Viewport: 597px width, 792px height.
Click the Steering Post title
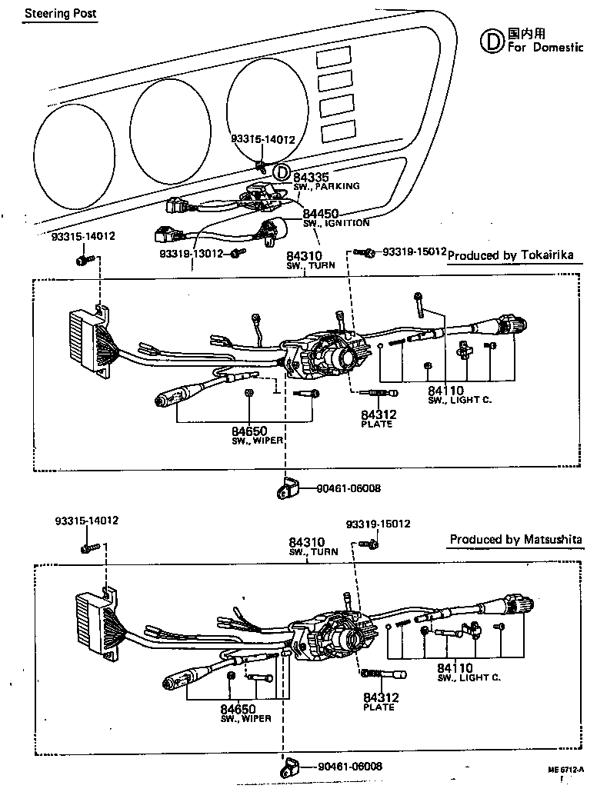click(60, 14)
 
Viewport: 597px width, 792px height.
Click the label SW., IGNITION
click(335, 223)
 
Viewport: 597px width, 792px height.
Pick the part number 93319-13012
click(191, 253)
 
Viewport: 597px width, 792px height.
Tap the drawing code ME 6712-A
click(571, 770)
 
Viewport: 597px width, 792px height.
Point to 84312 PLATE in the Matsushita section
click(379, 700)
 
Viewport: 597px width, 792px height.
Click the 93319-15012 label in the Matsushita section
click(378, 524)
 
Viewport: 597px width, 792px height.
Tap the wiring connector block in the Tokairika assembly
click(87, 342)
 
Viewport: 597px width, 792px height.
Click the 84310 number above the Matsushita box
click(306, 543)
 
